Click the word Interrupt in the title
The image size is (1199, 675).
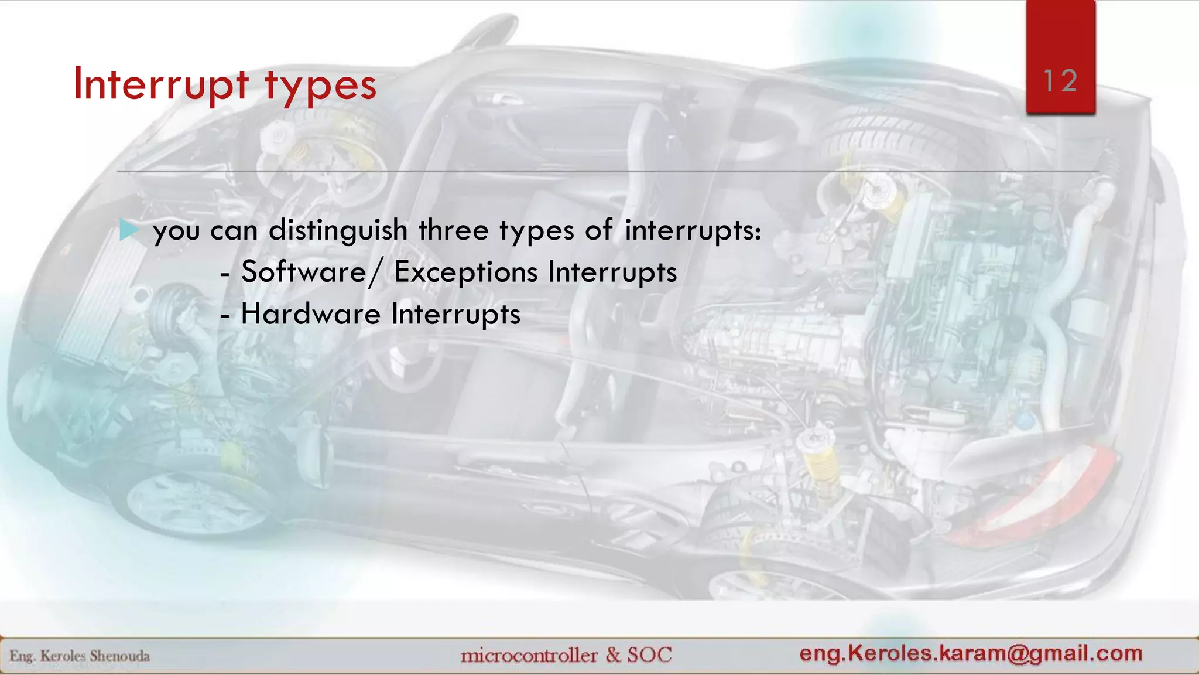pos(161,85)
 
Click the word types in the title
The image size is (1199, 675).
pos(320,87)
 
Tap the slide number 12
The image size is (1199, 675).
pos(1060,81)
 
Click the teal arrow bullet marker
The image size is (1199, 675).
pos(128,230)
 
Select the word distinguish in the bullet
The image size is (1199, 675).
pos(338,230)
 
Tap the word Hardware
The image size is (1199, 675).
pos(310,313)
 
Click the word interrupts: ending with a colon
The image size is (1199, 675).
pos(693,230)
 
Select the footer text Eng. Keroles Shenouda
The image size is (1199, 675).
pos(80,656)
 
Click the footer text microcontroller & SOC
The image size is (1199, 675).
pos(566,654)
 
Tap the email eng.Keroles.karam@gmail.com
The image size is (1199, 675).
pos(971,653)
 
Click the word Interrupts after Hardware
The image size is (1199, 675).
pos(455,313)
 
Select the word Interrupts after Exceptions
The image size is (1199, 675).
pos(612,272)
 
